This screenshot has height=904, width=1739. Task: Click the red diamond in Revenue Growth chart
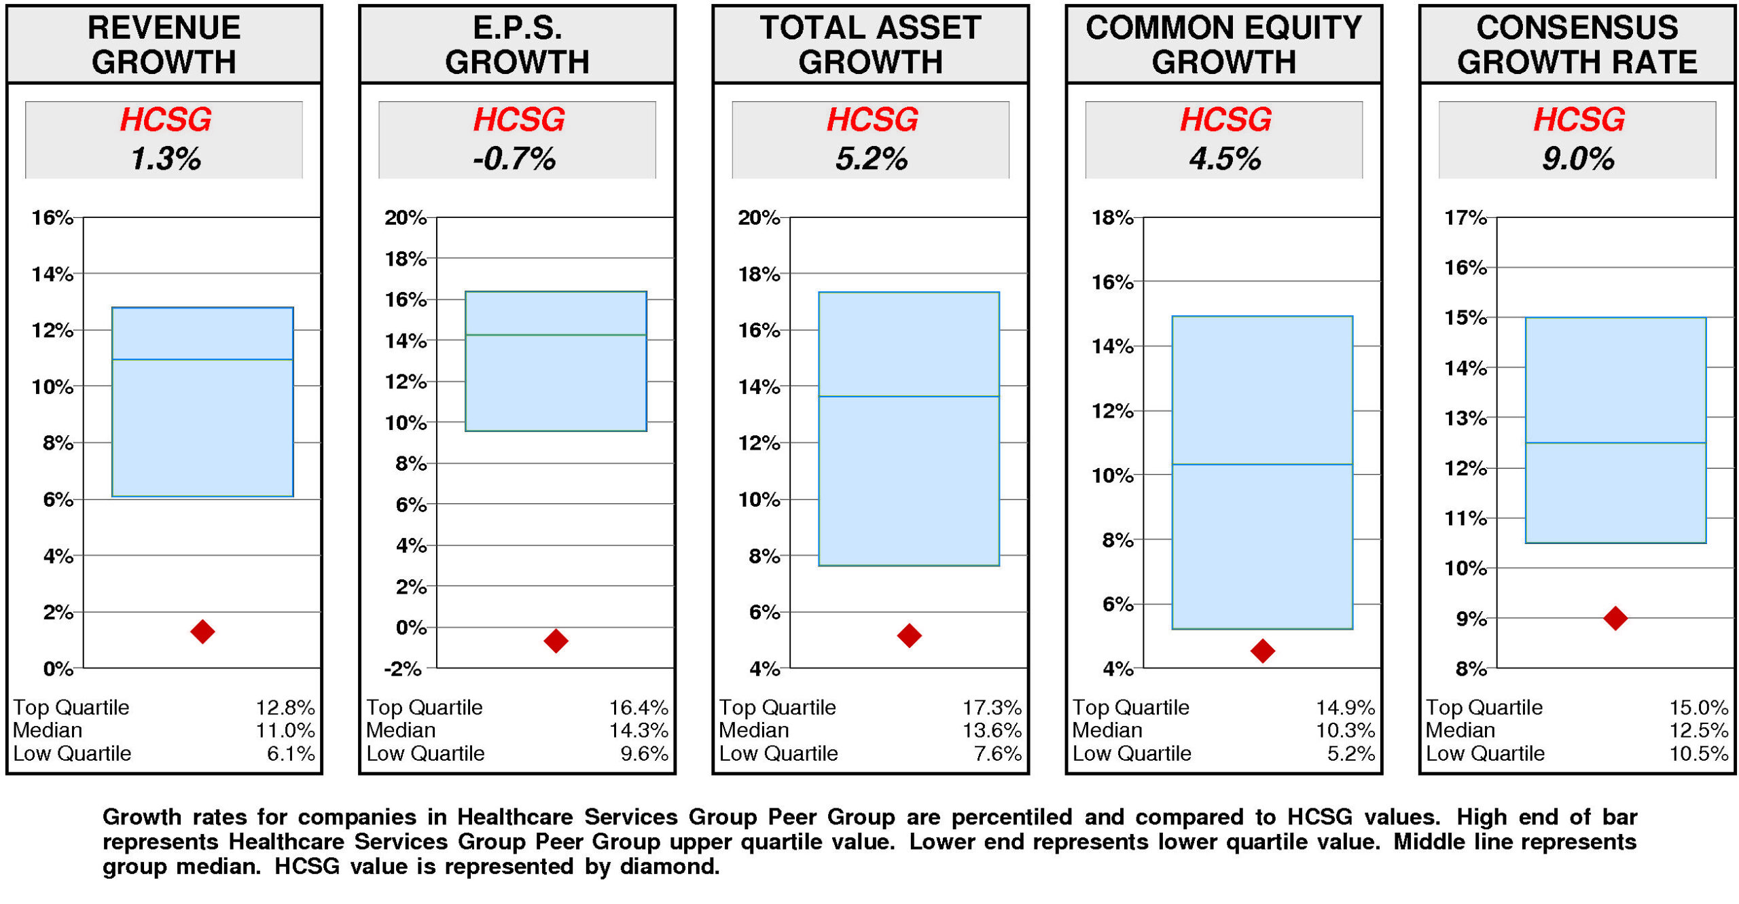(202, 631)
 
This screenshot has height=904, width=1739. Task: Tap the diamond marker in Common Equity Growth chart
(1261, 651)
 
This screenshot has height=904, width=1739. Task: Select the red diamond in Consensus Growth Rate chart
(1615, 618)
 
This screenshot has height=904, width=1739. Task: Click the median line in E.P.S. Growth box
(556, 335)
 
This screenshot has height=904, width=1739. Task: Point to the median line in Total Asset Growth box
(908, 396)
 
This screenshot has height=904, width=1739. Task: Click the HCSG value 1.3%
(165, 159)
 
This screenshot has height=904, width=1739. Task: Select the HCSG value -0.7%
(514, 159)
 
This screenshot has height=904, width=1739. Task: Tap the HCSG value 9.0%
(1577, 159)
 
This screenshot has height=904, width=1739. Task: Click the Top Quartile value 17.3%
(991, 707)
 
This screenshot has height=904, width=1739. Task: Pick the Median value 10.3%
(1344, 730)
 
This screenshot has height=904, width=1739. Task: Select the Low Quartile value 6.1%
(290, 753)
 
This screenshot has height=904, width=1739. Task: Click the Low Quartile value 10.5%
(1698, 753)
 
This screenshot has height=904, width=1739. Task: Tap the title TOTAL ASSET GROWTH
(870, 45)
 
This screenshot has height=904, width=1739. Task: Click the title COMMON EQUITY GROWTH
(1223, 45)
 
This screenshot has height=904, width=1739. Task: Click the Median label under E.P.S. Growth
(400, 730)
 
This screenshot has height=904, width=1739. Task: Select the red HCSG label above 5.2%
(872, 120)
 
